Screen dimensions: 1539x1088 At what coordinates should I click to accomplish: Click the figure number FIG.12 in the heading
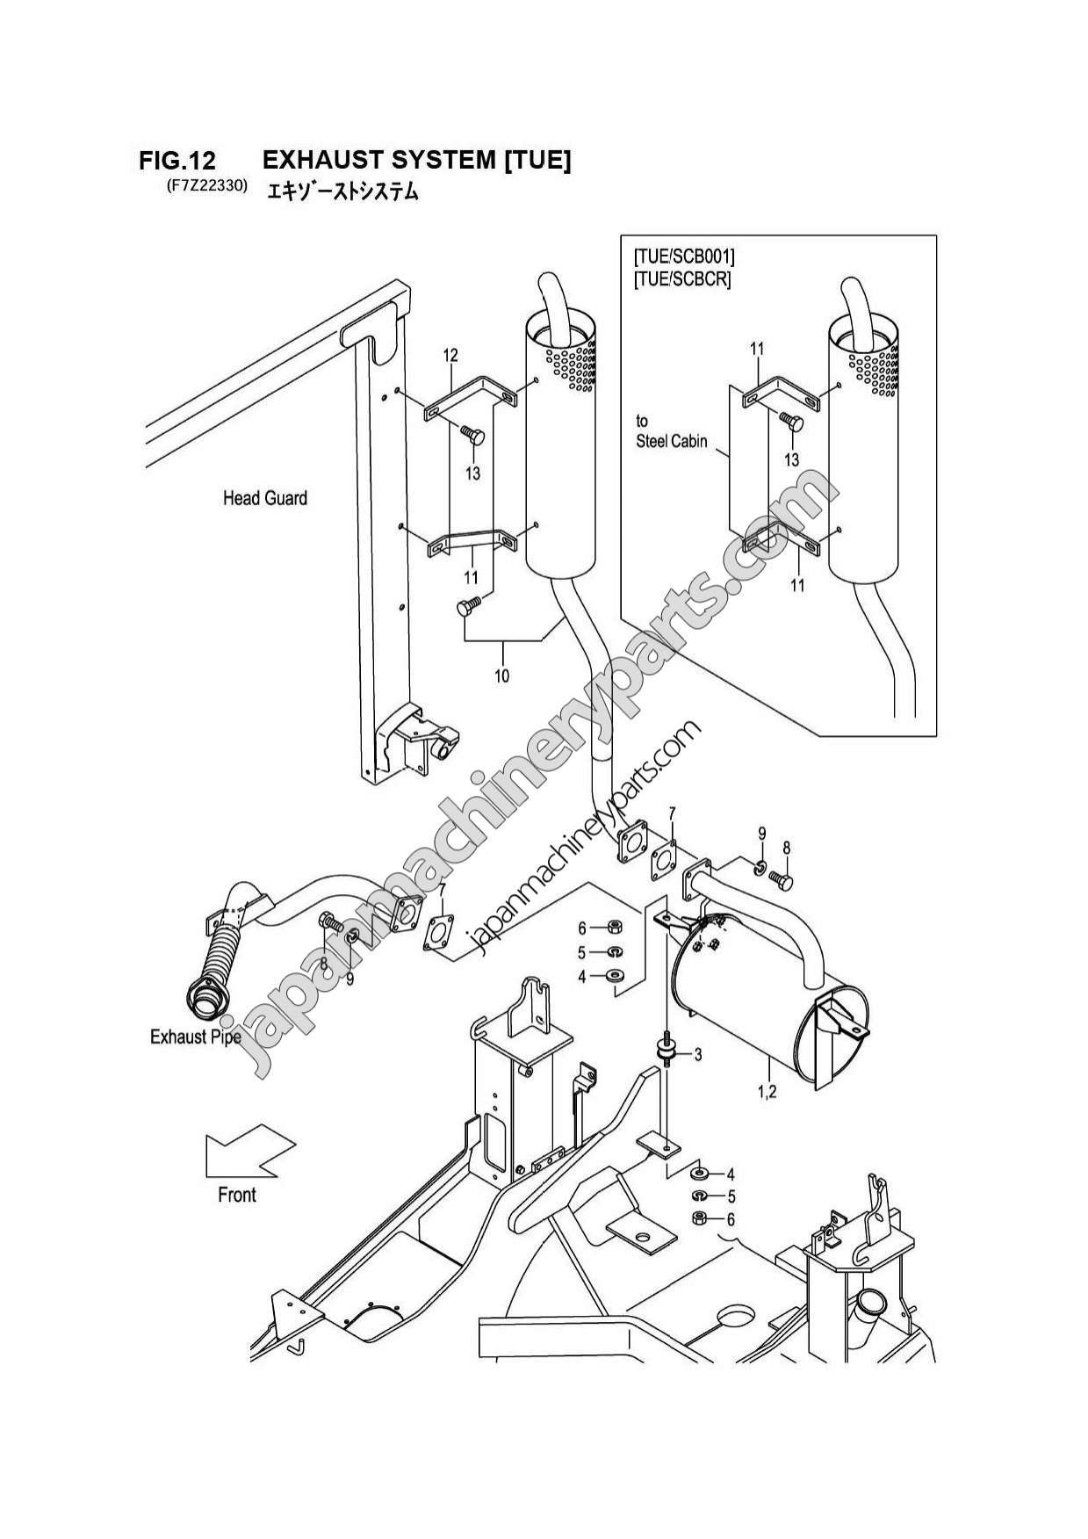[177, 161]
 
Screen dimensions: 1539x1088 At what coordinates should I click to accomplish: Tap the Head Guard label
[264, 498]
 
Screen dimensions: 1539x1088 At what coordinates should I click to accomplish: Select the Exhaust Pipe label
[195, 1037]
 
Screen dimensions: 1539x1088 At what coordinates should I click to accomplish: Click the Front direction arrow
[249, 1154]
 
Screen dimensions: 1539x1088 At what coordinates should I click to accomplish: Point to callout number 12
[450, 356]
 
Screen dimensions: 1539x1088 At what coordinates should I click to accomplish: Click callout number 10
[501, 676]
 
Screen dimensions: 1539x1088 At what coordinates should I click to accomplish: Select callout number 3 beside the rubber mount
[697, 1054]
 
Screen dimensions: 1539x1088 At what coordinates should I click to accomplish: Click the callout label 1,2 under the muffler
[767, 1092]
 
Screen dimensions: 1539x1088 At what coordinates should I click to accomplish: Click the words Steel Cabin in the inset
[671, 442]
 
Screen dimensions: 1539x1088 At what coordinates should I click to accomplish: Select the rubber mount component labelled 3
[668, 1049]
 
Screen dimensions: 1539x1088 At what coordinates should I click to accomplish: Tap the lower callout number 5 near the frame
[731, 1196]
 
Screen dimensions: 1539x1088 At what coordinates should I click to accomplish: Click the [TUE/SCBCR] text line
[681, 280]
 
